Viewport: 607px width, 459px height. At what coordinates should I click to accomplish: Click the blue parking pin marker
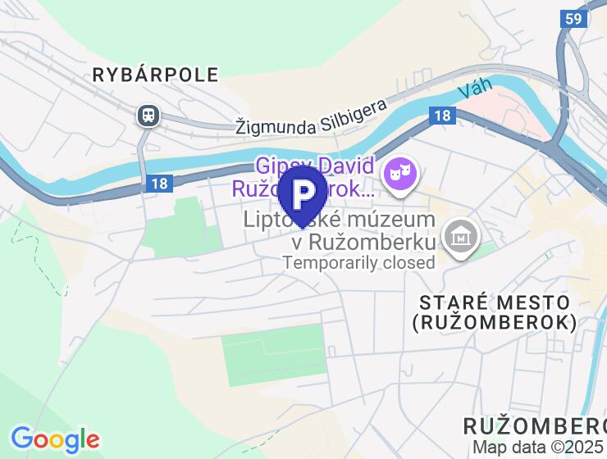pyautogui.click(x=303, y=194)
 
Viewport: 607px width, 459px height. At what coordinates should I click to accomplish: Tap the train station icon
pyautogui.click(x=148, y=116)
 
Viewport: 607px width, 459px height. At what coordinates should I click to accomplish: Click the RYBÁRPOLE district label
pyautogui.click(x=155, y=75)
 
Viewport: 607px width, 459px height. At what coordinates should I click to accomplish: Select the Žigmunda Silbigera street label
pyautogui.click(x=311, y=118)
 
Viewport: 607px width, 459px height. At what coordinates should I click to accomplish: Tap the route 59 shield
pyautogui.click(x=574, y=19)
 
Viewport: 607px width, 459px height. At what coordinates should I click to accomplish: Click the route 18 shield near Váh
pyautogui.click(x=442, y=116)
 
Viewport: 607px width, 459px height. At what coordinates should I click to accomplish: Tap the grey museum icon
pyautogui.click(x=460, y=236)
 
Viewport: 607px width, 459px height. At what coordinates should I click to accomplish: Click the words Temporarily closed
pyautogui.click(x=358, y=263)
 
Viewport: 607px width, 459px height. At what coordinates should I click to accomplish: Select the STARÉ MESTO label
pyautogui.click(x=494, y=302)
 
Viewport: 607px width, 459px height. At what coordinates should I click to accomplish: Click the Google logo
pyautogui.click(x=55, y=439)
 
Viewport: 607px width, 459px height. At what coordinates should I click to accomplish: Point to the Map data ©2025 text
pyautogui.click(x=538, y=448)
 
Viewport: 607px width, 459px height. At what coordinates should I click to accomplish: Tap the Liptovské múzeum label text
pyautogui.click(x=339, y=220)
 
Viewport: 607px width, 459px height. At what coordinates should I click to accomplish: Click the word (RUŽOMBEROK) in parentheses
pyautogui.click(x=494, y=323)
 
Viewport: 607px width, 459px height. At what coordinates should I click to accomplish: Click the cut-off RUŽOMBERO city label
pyautogui.click(x=534, y=426)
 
